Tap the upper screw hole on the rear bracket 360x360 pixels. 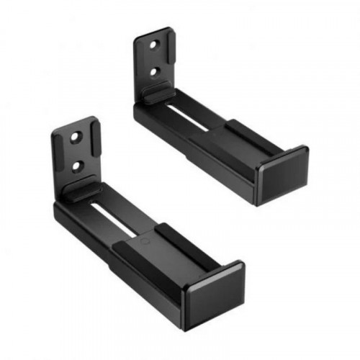click(x=153, y=43)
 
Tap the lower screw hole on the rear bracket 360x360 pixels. click(x=153, y=72)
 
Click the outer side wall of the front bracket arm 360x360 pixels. click(x=108, y=248)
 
